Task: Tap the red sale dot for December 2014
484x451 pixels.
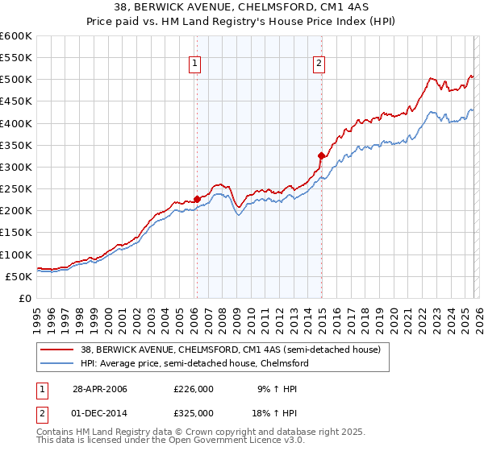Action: [321, 155]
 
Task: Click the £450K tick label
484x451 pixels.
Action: [15, 101]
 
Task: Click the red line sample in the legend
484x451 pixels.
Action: [58, 350]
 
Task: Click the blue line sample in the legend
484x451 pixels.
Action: [58, 363]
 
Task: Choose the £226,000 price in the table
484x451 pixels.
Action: [194, 389]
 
